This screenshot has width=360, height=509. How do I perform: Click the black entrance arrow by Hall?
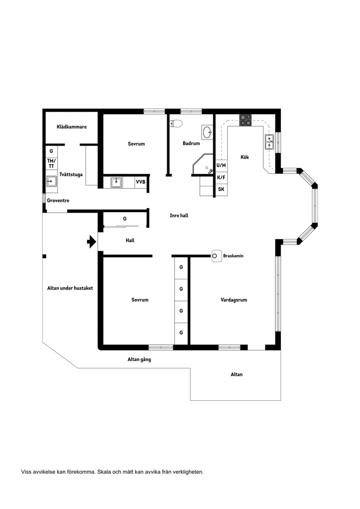click(x=92, y=241)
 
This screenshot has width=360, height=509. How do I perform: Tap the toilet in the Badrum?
click(x=176, y=123)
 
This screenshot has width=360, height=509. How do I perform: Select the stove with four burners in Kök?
click(x=245, y=120)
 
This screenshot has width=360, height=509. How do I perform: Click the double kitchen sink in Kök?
click(x=269, y=142)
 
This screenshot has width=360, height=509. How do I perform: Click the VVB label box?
click(x=141, y=182)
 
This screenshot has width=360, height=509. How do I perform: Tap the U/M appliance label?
click(x=221, y=166)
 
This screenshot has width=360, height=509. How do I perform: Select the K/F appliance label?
click(x=221, y=178)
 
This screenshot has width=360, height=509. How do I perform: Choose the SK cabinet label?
click(x=221, y=189)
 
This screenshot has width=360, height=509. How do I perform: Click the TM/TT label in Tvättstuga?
click(x=51, y=164)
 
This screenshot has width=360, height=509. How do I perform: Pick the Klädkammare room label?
click(x=72, y=127)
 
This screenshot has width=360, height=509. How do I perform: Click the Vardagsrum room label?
click(x=234, y=300)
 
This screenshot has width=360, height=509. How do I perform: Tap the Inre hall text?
click(x=179, y=215)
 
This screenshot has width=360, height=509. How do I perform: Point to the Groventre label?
click(x=58, y=201)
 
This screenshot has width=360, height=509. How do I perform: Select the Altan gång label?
click(x=139, y=360)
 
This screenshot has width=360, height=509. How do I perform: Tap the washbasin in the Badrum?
click(x=207, y=131)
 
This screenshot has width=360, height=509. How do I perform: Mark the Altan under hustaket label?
click(x=70, y=288)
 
